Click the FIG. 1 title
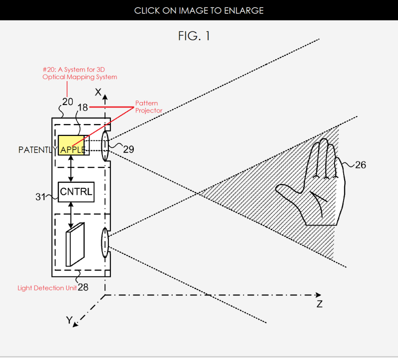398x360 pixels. [x=199, y=36]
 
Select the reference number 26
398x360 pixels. [x=360, y=165]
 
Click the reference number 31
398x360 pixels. [x=40, y=197]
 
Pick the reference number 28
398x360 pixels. [x=84, y=287]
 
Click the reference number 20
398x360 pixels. [x=68, y=102]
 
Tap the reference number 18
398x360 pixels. [x=83, y=108]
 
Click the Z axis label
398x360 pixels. [x=319, y=304]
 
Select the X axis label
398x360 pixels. [x=99, y=92]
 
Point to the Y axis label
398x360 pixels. [x=69, y=320]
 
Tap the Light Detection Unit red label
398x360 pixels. [x=47, y=288]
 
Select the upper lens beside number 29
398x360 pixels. [x=105, y=146]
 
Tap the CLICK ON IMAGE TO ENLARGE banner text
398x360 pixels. [x=199, y=10]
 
